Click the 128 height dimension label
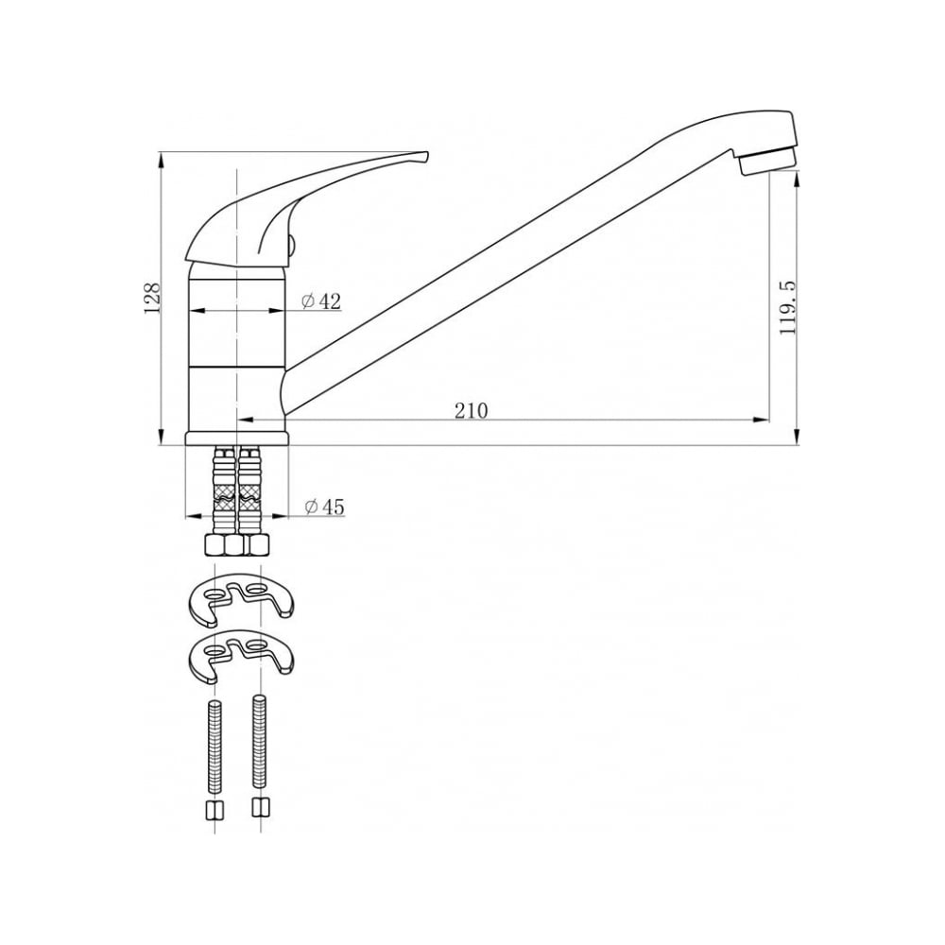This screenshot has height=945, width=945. coord(152,297)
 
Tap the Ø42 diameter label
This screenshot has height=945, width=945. coord(321,301)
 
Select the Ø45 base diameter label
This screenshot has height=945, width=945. coord(325,507)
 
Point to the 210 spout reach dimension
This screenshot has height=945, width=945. coord(471,410)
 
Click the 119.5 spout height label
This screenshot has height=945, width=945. coord(788,307)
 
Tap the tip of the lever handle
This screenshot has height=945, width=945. coord(427,154)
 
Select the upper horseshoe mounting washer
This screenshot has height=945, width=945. coord(241,597)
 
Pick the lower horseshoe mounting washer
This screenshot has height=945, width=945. coord(241,655)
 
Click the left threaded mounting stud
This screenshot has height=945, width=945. coord(215,747)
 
